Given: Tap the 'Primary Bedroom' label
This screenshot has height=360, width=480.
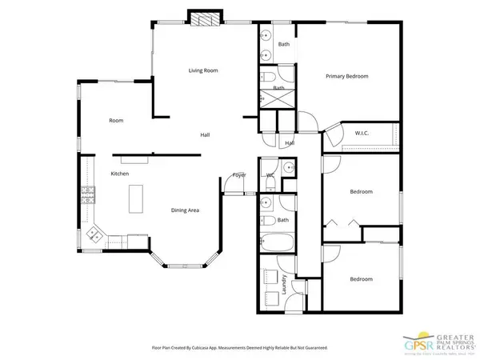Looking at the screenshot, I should pos(346,76).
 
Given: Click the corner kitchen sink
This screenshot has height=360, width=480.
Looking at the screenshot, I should pos(94,234).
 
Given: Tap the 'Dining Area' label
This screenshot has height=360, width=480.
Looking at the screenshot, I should pos(185,210).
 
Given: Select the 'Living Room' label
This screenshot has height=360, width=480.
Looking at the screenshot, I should pos(203,70).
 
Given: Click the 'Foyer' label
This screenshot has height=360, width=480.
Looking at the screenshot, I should pos(238,174).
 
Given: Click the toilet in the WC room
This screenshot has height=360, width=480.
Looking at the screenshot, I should pos(288,168).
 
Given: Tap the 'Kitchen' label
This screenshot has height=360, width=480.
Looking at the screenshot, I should pos(120,174).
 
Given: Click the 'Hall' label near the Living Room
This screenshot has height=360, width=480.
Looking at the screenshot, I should pos(205,134).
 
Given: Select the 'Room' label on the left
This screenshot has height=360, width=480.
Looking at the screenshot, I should pos(116,120).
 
